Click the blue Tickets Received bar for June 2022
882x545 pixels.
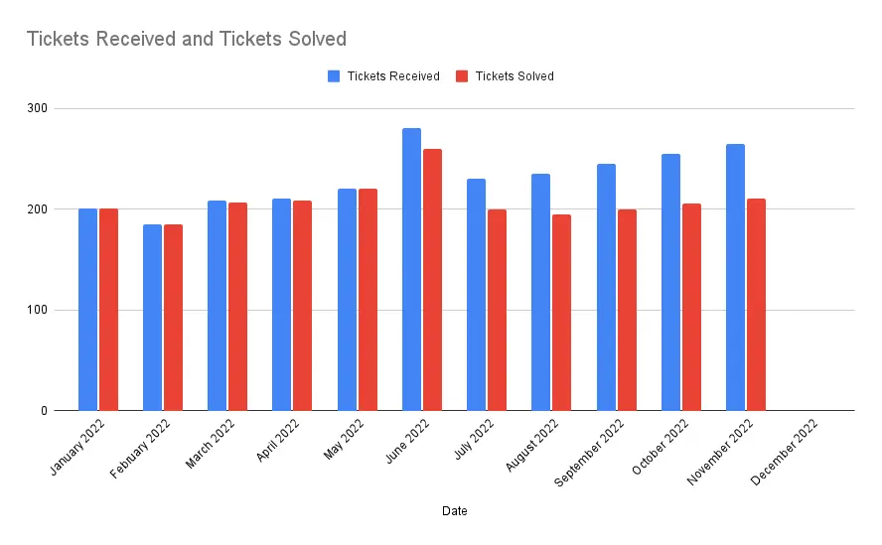pos(411,269)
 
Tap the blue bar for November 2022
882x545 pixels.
pos(735,277)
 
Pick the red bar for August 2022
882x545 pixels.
pos(561,313)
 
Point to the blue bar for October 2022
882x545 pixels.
pos(670,282)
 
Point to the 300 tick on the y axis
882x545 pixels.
pos(37,108)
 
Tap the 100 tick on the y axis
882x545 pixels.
pos(37,310)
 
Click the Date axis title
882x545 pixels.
pos(455,511)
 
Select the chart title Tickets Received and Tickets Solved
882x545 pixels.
pos(186,40)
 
